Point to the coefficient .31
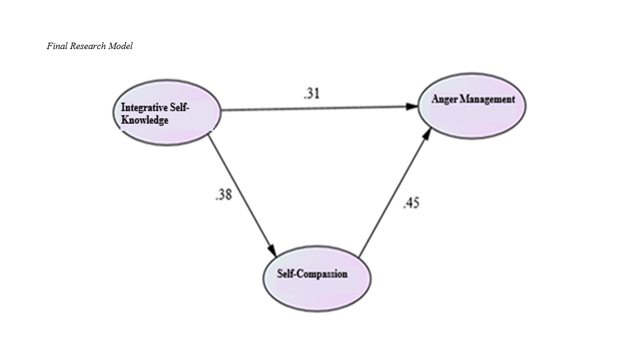tap(311, 94)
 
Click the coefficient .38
tap(223, 195)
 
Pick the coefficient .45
tap(411, 203)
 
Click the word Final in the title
tap(56, 46)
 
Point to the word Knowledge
tap(145, 120)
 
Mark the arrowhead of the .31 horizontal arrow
tap(412, 107)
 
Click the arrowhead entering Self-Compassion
tap(271, 250)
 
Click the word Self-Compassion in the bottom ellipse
tap(312, 274)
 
